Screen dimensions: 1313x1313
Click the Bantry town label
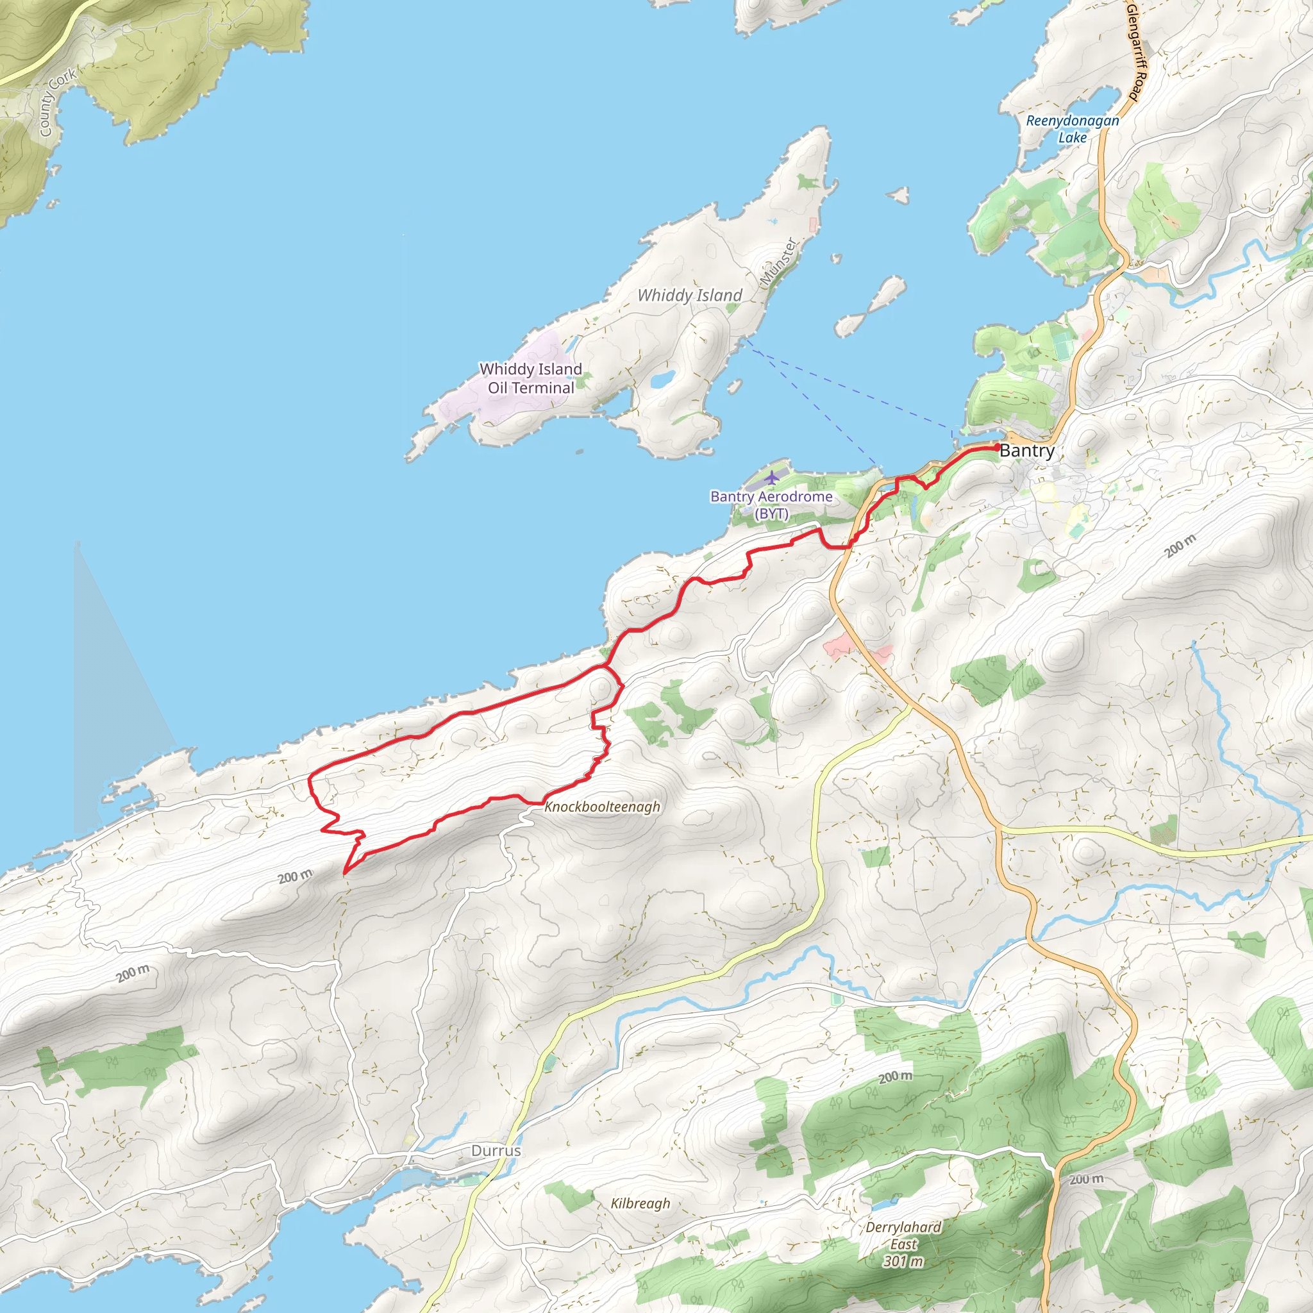(x=1027, y=451)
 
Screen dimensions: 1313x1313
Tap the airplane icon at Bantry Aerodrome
(x=771, y=478)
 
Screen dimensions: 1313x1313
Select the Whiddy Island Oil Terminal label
(x=531, y=378)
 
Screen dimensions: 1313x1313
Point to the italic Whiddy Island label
(x=689, y=296)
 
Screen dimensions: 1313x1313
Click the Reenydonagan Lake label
(x=1072, y=129)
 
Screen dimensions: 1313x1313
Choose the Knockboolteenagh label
(x=602, y=807)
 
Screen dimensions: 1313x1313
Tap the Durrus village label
(x=496, y=1151)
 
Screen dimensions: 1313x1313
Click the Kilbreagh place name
(x=640, y=1203)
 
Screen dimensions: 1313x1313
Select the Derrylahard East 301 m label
(x=903, y=1244)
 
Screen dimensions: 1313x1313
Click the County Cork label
(x=57, y=103)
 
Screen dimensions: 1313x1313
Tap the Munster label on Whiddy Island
(x=778, y=262)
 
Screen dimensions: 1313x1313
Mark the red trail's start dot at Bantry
(x=997, y=447)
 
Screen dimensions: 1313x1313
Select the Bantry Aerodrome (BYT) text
(x=771, y=505)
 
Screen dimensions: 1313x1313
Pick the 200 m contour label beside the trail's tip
(x=295, y=876)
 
